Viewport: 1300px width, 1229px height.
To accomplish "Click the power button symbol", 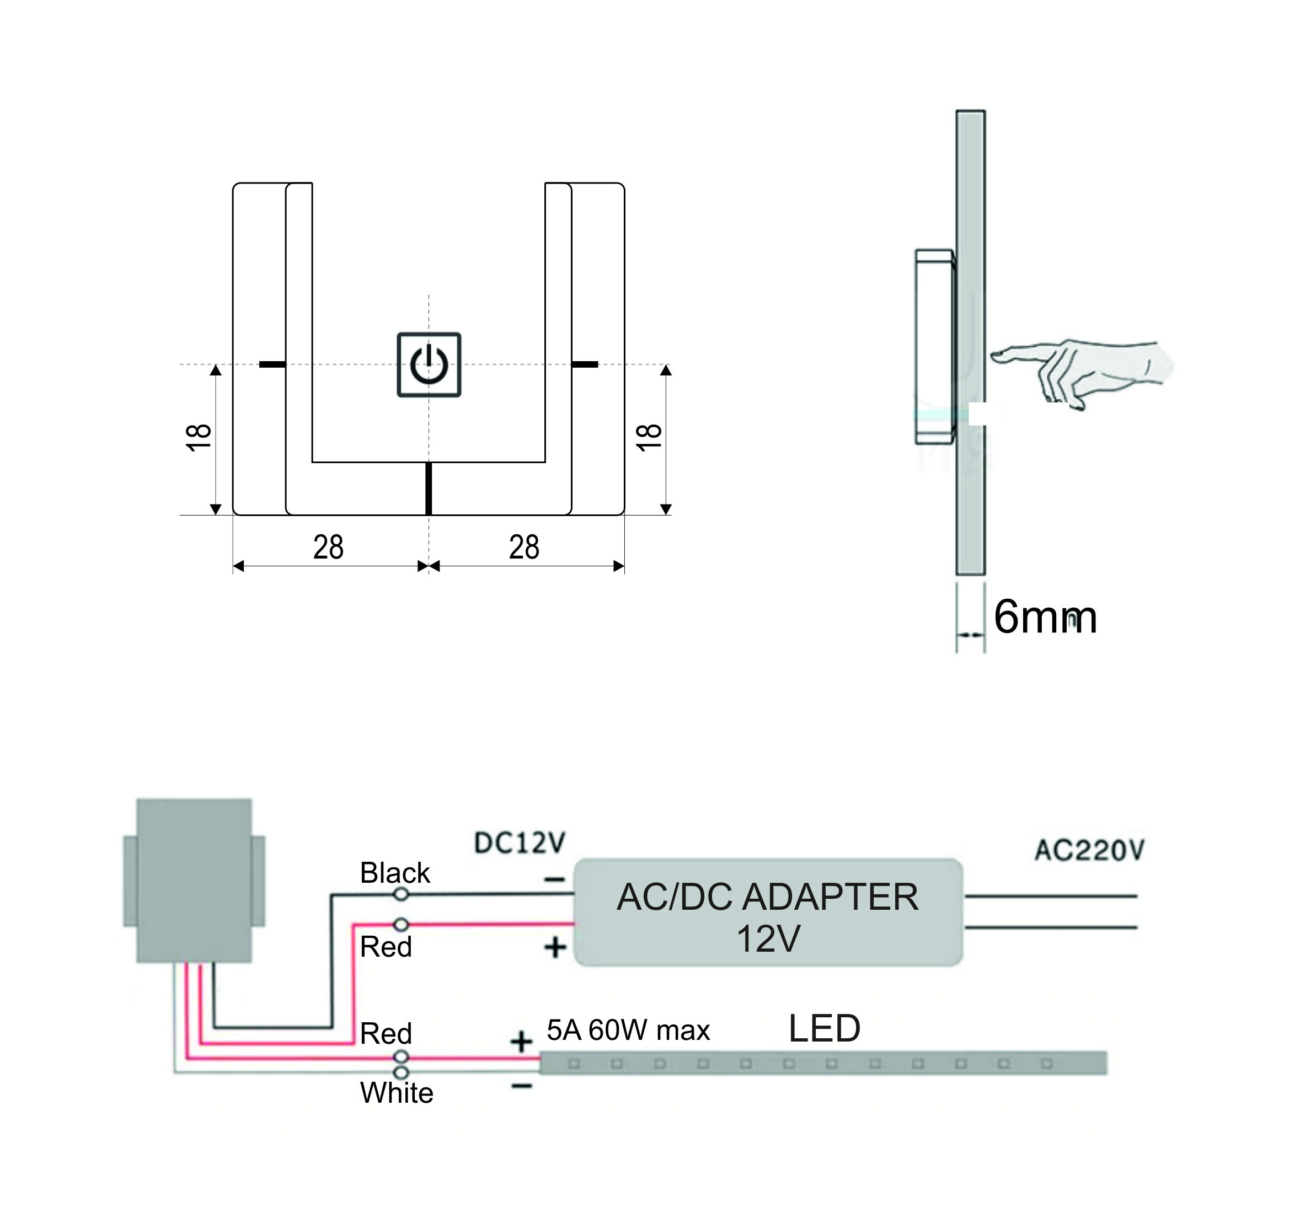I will pos(429,365).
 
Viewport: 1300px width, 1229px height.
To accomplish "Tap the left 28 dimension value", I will pos(328,547).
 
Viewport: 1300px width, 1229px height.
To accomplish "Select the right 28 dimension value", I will pos(523,547).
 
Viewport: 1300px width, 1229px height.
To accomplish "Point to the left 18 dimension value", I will pos(199,437).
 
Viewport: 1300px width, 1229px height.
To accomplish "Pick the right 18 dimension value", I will pos(649,437).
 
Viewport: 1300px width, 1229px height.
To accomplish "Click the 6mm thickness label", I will pos(1045,617).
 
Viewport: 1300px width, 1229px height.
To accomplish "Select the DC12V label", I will pos(519,843).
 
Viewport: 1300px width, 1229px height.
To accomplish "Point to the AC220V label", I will pos(1089,850).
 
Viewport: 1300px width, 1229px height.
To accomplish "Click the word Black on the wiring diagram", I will pos(394,873).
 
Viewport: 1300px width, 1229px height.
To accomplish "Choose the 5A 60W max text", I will pos(628,1031).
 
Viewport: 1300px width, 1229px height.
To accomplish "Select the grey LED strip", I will pos(823,1063).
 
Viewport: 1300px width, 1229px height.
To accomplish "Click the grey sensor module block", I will pos(194,881).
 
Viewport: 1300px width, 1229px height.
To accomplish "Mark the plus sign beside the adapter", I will pos(555,947).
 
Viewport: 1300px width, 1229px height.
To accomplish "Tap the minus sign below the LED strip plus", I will pos(522,1086).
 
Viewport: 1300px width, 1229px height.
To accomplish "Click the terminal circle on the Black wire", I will pos(401,894).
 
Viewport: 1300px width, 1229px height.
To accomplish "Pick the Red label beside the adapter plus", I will pos(386,947).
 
